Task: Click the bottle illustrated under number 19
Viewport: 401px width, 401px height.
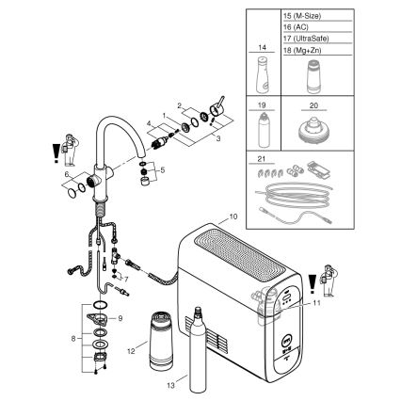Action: coord(261,129)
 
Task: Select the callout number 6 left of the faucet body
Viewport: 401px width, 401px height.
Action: coord(65,174)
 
